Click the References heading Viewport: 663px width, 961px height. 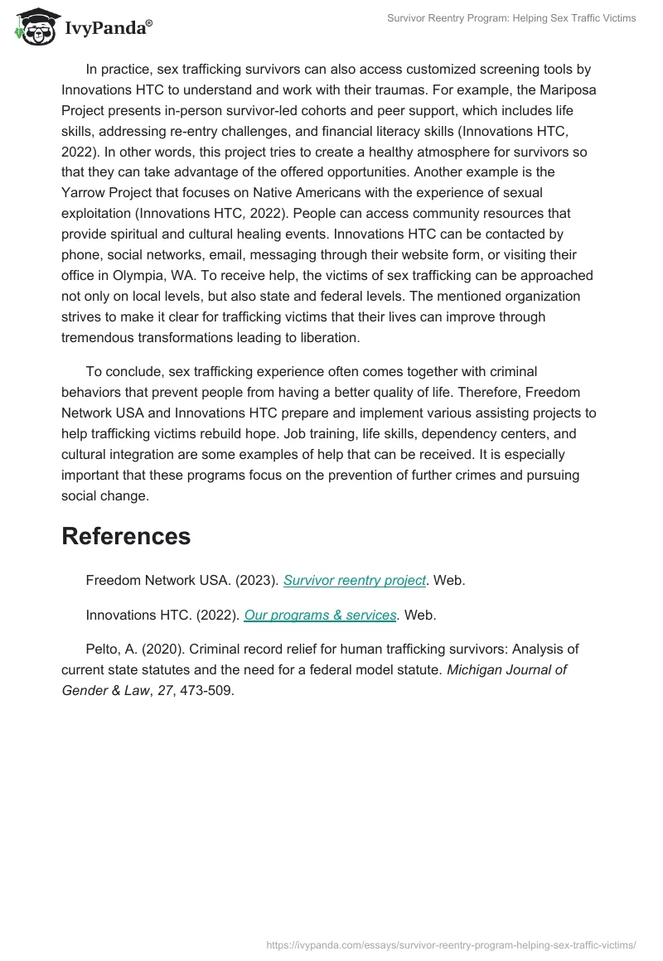click(x=126, y=536)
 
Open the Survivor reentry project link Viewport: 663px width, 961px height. click(x=355, y=581)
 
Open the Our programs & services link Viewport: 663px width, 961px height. click(x=320, y=615)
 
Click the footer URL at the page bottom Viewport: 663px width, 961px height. click(x=452, y=944)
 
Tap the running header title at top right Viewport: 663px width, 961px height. click(x=511, y=18)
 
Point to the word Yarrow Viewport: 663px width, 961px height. click(x=85, y=193)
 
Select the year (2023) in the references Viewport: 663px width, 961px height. click(x=255, y=581)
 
